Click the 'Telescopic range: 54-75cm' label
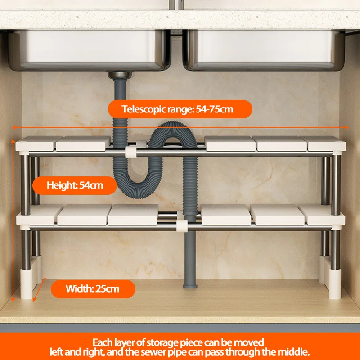[x=180, y=109]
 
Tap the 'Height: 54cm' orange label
[x=75, y=185]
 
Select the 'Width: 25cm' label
[x=93, y=289]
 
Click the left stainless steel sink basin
[x=90, y=50]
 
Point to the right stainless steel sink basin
[x=264, y=50]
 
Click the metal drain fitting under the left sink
[x=120, y=75]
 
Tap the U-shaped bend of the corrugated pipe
[x=138, y=186]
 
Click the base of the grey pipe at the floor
[x=190, y=286]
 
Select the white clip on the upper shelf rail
[x=130, y=152]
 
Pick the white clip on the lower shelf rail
[x=182, y=226]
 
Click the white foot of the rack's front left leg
[x=26, y=284]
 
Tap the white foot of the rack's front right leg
[x=335, y=284]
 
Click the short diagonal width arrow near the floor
[x=40, y=289]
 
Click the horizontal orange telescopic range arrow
[x=180, y=127]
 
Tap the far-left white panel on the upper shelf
[x=36, y=143]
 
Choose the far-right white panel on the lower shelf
[x=322, y=215]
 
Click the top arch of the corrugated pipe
[x=173, y=129]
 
